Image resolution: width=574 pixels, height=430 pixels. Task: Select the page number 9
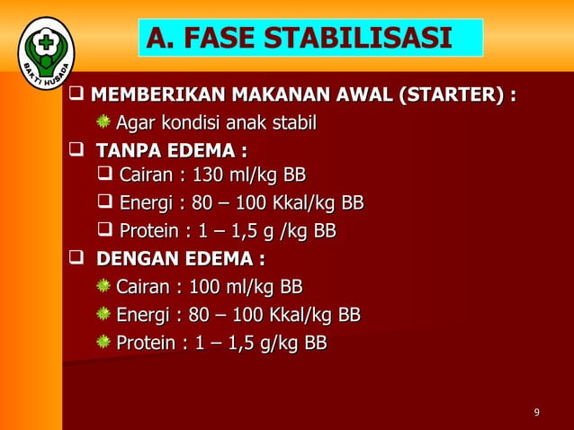tap(537, 413)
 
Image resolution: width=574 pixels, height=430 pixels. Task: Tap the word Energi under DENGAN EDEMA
tap(145, 315)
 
